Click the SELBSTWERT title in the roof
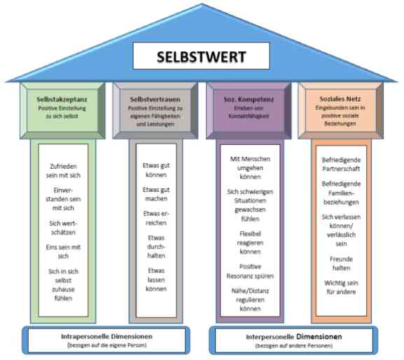[x=201, y=57]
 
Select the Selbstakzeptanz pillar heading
[x=62, y=99]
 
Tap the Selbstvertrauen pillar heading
[x=155, y=99]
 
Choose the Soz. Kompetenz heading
[x=249, y=99]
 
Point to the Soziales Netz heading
[x=340, y=99]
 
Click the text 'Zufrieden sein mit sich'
[x=63, y=171]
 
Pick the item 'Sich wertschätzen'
[x=63, y=228]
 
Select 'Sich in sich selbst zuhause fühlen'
[x=63, y=285]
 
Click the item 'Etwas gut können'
[x=156, y=170]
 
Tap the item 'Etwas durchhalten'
[x=156, y=247]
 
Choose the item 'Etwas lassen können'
[x=156, y=279]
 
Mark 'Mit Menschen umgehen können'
[x=250, y=168]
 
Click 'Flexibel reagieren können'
[x=250, y=242]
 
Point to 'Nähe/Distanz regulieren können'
[x=250, y=300]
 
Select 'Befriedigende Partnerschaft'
[x=341, y=165]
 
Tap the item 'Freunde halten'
[x=341, y=263]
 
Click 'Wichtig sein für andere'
[x=341, y=287]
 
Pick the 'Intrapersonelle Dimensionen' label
[x=106, y=337]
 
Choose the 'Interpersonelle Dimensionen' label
[x=294, y=337]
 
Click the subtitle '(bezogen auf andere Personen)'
[x=294, y=345]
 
